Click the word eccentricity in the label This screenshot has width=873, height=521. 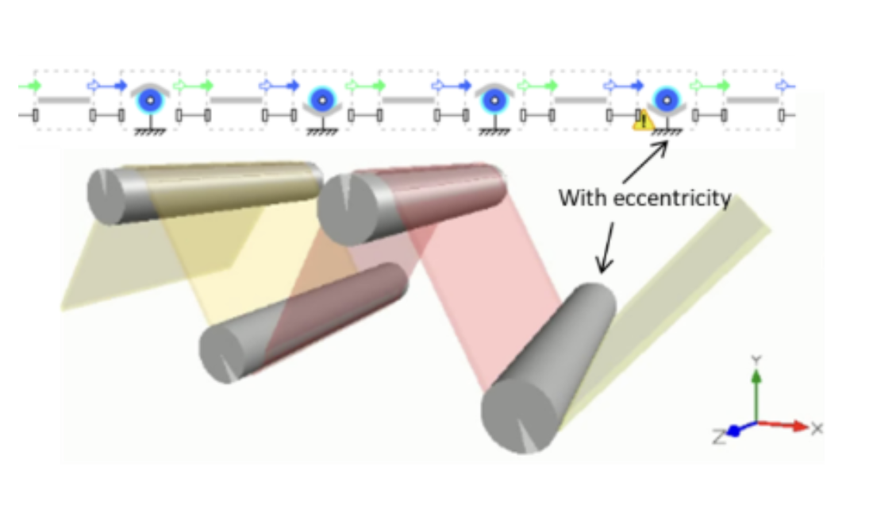pos(675,198)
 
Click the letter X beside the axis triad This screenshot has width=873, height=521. pos(818,428)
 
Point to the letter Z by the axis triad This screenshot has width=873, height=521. pos(718,436)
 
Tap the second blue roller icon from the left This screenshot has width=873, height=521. pos(321,100)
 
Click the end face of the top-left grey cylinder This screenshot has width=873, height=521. pos(106,195)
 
